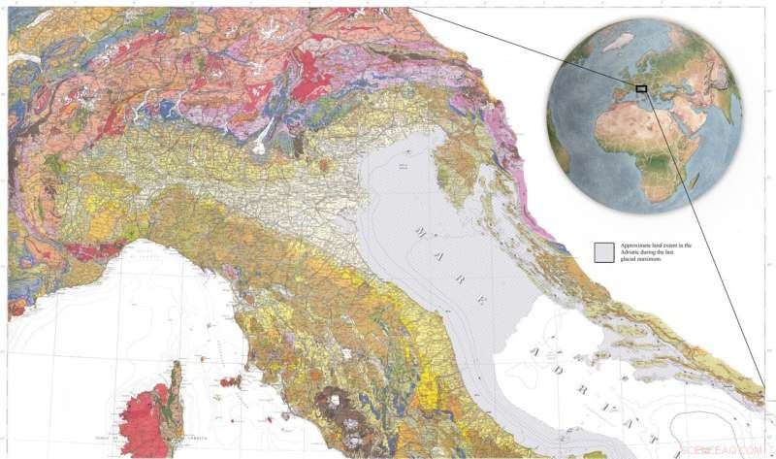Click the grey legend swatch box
coord(603,252)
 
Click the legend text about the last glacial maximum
coord(652,251)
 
